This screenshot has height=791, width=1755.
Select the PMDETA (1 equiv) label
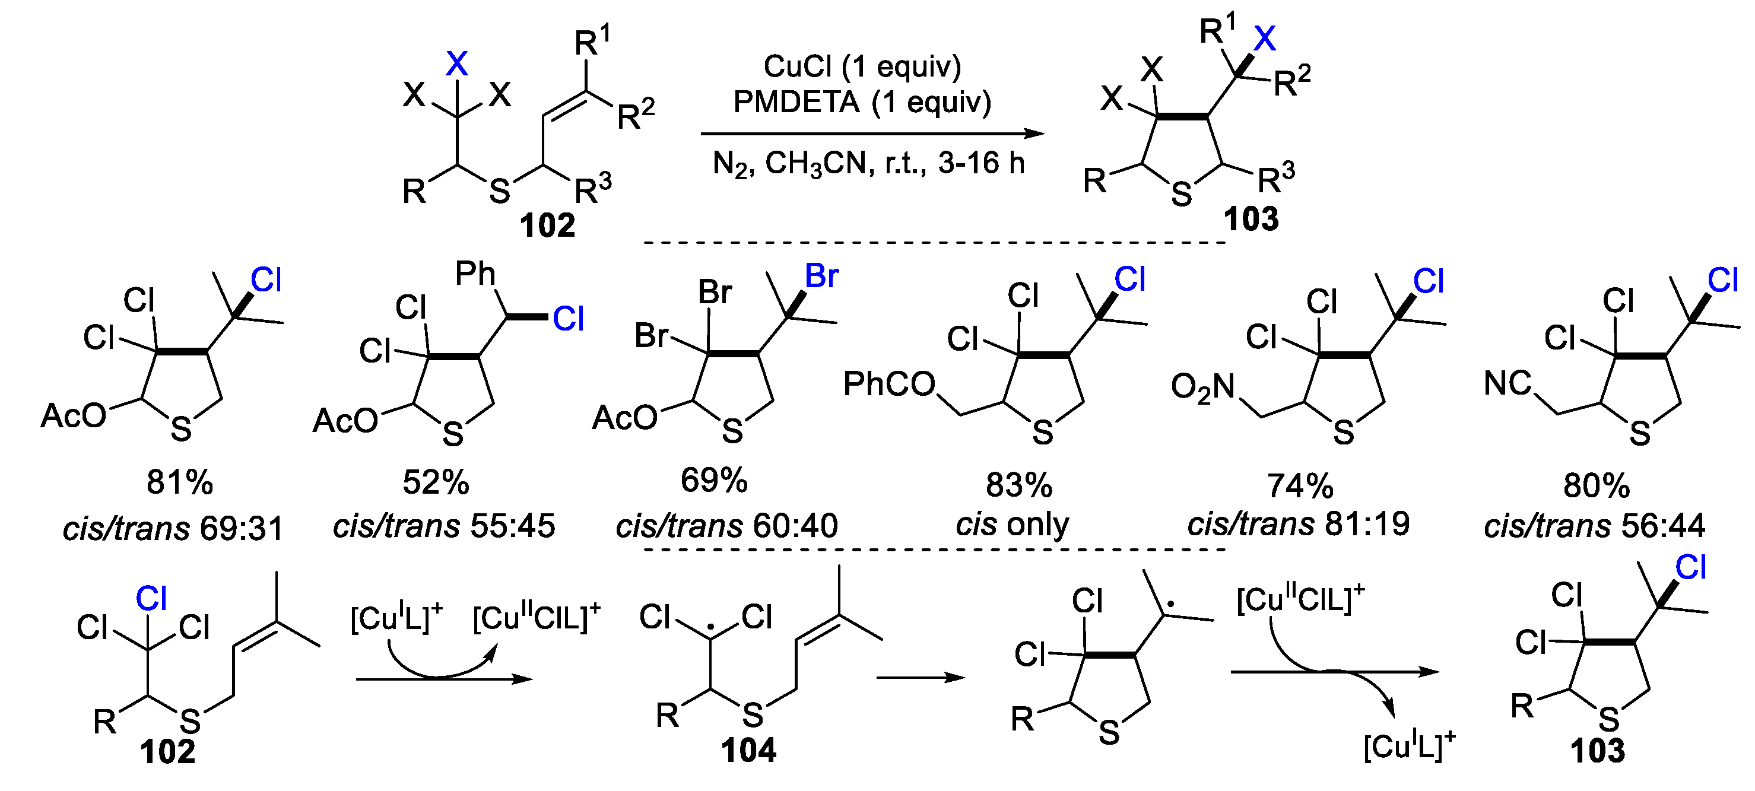(x=862, y=102)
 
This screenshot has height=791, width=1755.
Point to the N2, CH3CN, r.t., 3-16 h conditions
(x=869, y=164)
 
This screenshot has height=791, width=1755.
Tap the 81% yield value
(x=180, y=482)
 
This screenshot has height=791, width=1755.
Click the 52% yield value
(x=436, y=482)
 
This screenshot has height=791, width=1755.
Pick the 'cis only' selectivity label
(x=1013, y=525)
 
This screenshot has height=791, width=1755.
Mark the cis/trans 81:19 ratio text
(x=1299, y=525)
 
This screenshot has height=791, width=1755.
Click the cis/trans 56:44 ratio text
(x=1594, y=526)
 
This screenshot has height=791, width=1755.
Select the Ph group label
(x=475, y=274)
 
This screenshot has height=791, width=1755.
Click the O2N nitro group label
(x=1202, y=387)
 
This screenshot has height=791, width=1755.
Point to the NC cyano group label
(x=1508, y=383)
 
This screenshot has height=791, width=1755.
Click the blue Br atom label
(x=821, y=276)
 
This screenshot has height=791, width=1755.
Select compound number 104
(x=749, y=751)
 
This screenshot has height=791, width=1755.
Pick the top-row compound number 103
(x=1251, y=220)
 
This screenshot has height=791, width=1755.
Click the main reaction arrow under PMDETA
(x=872, y=134)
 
